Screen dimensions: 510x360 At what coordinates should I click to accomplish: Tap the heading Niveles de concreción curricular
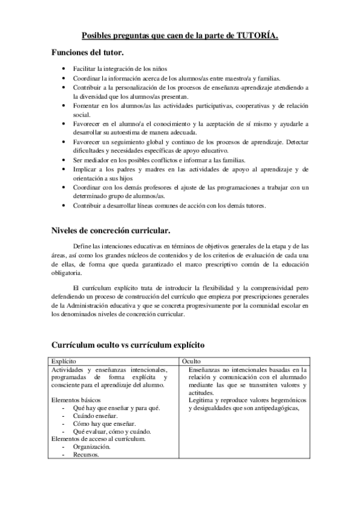(110, 230)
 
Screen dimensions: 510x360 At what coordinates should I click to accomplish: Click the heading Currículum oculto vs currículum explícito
(129, 345)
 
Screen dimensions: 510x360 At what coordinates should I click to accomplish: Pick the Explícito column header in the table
(64, 359)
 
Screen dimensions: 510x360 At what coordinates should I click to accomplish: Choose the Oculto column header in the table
(192, 359)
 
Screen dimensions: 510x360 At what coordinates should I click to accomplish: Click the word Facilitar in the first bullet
(85, 70)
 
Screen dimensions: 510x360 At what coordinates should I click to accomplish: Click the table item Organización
(91, 447)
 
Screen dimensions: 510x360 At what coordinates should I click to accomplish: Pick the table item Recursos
(86, 455)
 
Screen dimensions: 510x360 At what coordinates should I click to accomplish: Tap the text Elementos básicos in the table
(76, 400)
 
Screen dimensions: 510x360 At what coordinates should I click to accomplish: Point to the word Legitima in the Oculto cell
(201, 400)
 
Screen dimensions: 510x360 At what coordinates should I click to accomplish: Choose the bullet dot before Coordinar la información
(64, 78)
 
